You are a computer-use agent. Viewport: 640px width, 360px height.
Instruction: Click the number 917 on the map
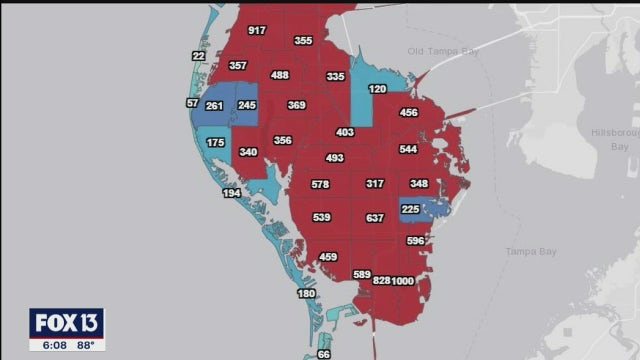point(257,30)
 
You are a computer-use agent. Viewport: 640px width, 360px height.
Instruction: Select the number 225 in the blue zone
point(410,210)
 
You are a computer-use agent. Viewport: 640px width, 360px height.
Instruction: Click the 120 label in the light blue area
point(377,89)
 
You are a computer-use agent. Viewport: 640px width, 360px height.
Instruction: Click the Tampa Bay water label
point(529,250)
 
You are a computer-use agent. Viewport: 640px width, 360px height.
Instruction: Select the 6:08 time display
point(47,345)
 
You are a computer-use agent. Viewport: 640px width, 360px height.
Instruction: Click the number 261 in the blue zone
point(214,106)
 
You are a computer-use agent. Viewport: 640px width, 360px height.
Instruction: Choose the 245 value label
point(247,105)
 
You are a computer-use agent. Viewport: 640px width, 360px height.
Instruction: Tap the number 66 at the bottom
point(323,354)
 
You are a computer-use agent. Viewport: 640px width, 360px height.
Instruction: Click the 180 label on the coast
point(306,293)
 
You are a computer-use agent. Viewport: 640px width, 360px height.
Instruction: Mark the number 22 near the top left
point(198,56)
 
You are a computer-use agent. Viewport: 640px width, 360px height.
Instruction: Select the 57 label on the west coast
point(192,103)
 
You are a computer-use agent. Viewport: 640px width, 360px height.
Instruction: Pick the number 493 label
point(335,158)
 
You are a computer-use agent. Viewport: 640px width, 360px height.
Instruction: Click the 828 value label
point(381,281)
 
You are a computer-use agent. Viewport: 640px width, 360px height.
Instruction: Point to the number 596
point(416,241)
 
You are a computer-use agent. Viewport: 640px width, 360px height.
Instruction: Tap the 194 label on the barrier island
point(231,192)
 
